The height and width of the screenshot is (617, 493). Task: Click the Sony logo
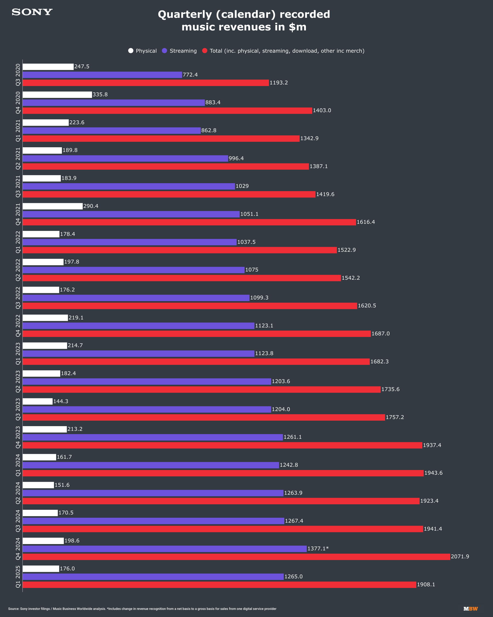32,12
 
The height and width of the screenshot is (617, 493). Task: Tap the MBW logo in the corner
471,609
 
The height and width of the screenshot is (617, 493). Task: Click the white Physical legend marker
131,51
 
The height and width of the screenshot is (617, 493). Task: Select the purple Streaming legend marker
164,51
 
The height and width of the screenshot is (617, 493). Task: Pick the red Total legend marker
205,51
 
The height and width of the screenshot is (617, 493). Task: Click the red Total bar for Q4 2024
236,557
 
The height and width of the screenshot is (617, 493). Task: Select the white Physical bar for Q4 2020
57,95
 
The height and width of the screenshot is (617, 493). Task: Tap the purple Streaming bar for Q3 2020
102,75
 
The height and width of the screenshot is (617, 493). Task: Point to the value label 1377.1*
318,548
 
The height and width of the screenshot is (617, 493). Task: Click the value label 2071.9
460,556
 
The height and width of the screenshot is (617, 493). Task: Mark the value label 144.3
61,401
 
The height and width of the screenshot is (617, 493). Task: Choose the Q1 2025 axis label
18,577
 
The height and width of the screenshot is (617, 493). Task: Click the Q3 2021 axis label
18,186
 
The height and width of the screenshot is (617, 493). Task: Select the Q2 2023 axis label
18,381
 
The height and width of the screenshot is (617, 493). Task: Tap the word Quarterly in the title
185,14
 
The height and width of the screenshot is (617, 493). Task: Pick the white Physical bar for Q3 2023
38,401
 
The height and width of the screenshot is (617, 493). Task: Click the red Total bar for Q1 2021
161,138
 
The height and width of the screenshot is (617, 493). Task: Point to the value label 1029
242,186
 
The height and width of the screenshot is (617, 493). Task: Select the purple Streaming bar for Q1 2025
153,577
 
